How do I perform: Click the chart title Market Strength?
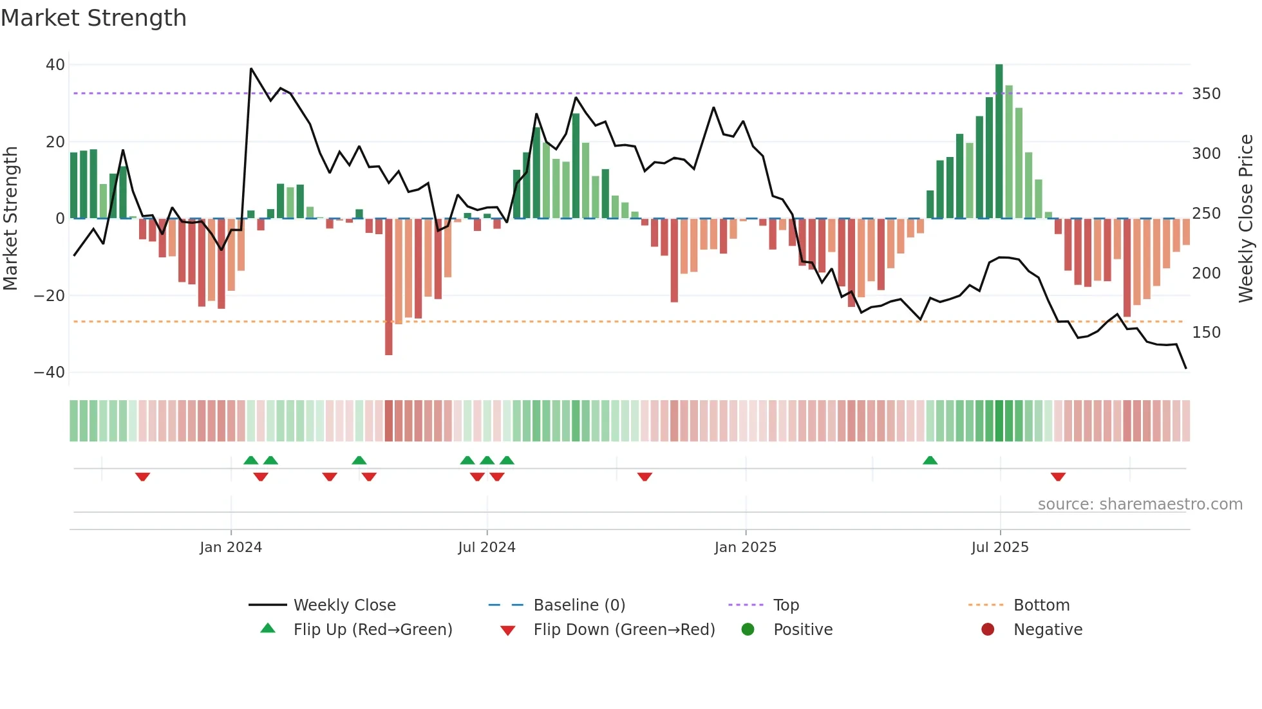tap(93, 18)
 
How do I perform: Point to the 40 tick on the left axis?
tap(55, 64)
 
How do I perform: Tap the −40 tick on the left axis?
tap(50, 373)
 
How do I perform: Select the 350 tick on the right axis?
tap(1206, 94)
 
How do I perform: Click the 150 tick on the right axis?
tap(1206, 333)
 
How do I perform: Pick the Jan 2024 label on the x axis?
tap(231, 548)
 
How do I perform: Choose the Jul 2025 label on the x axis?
tap(999, 548)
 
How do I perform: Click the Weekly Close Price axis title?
tap(1246, 219)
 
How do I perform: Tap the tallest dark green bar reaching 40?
tap(999, 142)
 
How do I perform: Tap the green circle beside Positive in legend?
tap(748, 630)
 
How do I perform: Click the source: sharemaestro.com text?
tap(1140, 504)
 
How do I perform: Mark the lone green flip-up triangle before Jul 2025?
tap(930, 460)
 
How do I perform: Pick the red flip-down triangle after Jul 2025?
tap(1058, 477)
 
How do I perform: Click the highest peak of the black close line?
tap(251, 69)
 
